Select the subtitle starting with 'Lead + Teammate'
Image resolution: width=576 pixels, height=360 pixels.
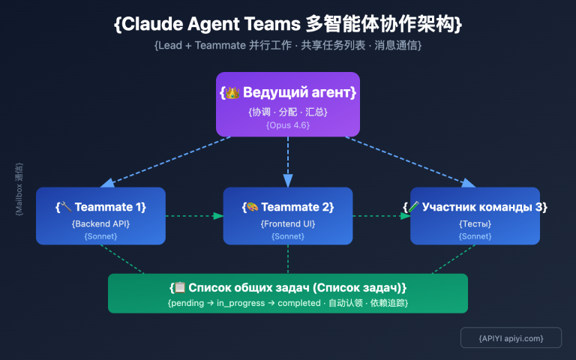288,46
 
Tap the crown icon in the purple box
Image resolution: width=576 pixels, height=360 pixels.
232,93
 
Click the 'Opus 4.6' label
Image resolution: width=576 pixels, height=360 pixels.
288,125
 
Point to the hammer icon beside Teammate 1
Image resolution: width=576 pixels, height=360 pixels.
67,207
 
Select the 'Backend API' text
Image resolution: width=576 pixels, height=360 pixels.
100,223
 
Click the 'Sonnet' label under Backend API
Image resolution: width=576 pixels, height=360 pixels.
100,236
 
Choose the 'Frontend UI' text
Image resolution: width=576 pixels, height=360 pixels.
288,223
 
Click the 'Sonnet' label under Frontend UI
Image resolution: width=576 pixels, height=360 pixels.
288,236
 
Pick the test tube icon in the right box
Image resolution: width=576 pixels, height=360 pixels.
414,207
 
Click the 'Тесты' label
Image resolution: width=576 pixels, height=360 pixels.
475,223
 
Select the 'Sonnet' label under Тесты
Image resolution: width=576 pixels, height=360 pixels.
475,236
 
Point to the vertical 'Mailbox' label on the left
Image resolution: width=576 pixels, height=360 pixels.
19,189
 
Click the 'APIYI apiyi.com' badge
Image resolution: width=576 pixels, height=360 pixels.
511,338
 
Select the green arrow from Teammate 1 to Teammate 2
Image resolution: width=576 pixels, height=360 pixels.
193,216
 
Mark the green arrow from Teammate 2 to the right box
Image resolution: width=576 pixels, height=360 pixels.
381,216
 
